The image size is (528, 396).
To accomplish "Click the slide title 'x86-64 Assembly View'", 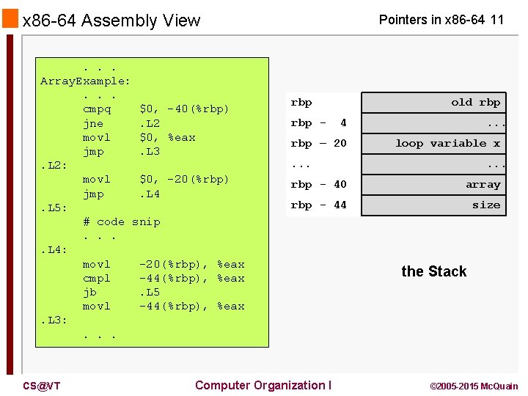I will tap(111, 21).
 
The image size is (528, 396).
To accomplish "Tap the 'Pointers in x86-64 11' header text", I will tap(441, 20).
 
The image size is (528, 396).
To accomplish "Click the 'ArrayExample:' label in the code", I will tap(85, 81).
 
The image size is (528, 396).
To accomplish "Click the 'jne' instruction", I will tap(92, 123).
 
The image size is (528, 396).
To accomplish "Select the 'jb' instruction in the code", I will tap(89, 292).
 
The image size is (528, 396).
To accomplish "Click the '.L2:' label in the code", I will tap(54, 166).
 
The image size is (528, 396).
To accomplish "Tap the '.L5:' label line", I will tap(54, 208).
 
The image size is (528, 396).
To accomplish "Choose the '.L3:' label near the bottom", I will tap(54, 320).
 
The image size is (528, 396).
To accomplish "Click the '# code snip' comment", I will tap(121, 221).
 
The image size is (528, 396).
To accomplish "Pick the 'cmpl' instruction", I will tap(96, 278).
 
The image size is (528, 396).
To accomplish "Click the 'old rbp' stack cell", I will tap(434, 103).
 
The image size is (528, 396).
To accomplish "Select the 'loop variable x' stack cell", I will tap(434, 144).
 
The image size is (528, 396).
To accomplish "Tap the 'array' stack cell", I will tap(434, 185).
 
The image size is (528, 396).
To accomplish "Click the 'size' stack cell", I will tap(434, 205).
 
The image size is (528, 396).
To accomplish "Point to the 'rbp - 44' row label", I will tap(318, 205).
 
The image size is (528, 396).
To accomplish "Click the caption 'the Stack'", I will tap(433, 271).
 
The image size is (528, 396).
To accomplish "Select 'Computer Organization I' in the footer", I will tap(263, 385).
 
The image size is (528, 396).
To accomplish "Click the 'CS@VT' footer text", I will tap(41, 386).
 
